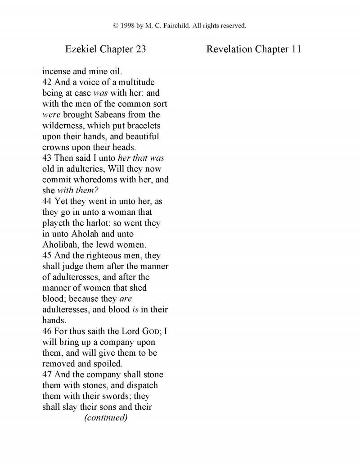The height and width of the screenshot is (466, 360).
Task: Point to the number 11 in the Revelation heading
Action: (x=296, y=49)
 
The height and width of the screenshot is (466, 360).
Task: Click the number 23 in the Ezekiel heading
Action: (x=140, y=49)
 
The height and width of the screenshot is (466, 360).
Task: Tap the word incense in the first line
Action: (x=56, y=71)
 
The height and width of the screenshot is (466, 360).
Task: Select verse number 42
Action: (x=47, y=82)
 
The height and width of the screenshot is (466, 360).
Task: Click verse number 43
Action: (x=47, y=158)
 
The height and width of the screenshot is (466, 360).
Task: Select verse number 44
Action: (x=47, y=201)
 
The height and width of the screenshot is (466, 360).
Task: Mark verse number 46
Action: (x=47, y=331)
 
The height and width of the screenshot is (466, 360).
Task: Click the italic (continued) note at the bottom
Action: (x=106, y=418)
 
